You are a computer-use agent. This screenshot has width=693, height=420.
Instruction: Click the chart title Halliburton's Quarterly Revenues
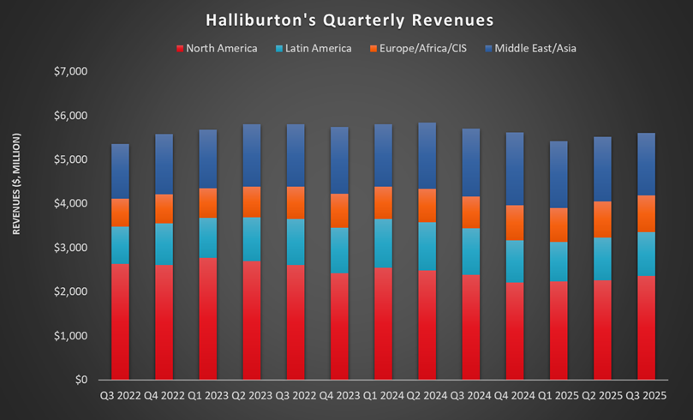pyautogui.click(x=346, y=18)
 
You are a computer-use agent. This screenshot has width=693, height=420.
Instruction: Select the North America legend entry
pyautogui.click(x=221, y=48)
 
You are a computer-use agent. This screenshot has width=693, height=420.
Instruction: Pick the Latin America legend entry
pyautogui.click(x=316, y=48)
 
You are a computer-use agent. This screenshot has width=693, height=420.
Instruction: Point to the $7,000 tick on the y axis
pyautogui.click(x=70, y=71)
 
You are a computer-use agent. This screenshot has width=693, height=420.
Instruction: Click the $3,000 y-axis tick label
pyautogui.click(x=70, y=248)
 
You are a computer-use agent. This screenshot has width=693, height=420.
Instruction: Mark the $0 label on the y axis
pyautogui.click(x=81, y=380)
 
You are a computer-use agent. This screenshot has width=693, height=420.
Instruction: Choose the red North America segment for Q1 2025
pyautogui.click(x=559, y=331)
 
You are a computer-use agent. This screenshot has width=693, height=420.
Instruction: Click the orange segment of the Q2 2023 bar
pyautogui.click(x=253, y=201)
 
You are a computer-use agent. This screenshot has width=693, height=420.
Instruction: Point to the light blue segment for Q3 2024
pyautogui.click(x=472, y=252)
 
